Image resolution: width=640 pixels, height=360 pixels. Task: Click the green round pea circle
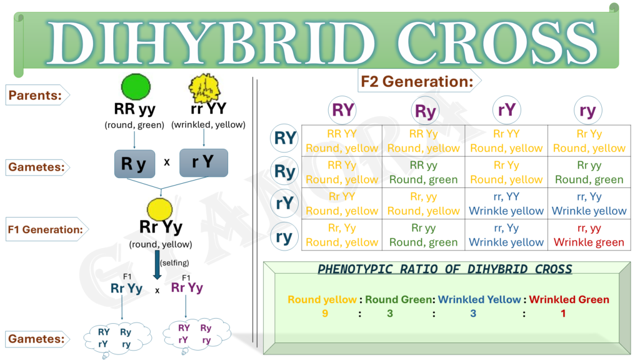[136, 86]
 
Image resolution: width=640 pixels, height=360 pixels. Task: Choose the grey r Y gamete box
[203, 162]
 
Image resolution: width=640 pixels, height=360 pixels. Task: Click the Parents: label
[35, 95]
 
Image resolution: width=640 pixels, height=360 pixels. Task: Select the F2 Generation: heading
[416, 81]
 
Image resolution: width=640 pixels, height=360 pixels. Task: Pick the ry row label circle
[284, 236]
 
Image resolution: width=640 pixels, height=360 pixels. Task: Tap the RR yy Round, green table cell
[423, 172]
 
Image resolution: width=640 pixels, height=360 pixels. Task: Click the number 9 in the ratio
[324, 313]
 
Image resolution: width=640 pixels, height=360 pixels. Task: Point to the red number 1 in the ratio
[562, 313]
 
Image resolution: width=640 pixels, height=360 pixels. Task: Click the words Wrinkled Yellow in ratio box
[479, 299]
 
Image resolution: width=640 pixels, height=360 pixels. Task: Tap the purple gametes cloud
[195, 334]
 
